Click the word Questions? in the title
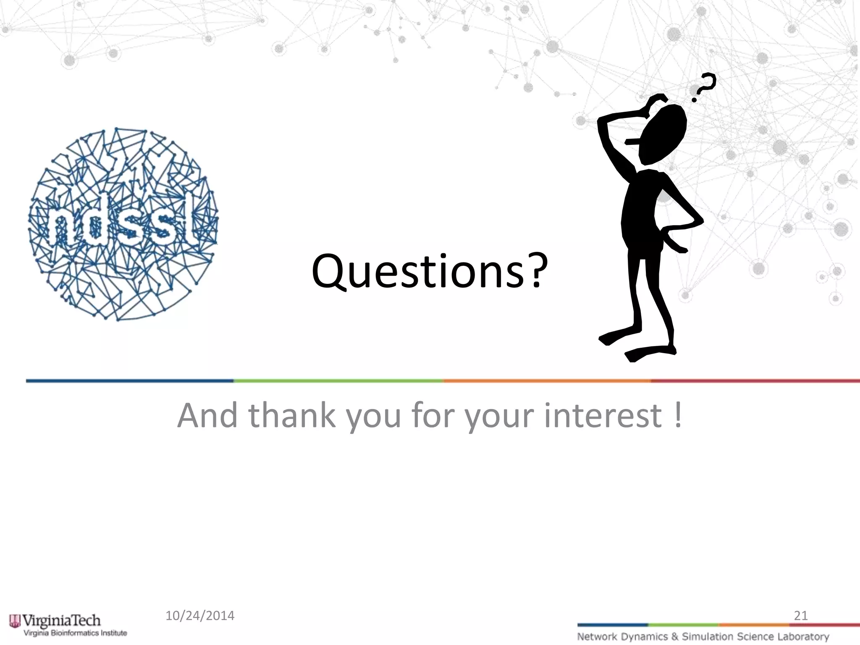tap(429, 272)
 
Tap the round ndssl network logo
tap(123, 224)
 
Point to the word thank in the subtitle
tap(292, 415)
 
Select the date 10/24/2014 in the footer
tap(200, 616)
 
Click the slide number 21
tap(800, 616)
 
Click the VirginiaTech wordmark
tap(61, 620)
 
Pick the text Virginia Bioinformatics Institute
tap(75, 633)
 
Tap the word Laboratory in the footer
tap(803, 637)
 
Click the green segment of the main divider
tap(338, 381)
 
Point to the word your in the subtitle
tap(500, 415)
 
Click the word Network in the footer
tap(597, 637)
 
